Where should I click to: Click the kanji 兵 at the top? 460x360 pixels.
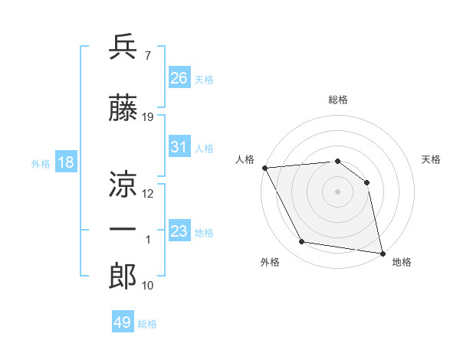coord(123,47)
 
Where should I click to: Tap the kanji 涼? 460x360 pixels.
coord(123,184)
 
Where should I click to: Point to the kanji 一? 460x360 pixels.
coord(123,229)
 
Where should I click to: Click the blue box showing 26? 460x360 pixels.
coord(179,77)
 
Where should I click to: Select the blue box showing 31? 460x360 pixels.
coord(179,147)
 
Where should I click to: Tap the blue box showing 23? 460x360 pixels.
coord(179,231)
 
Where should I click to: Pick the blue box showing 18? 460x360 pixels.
coord(64,162)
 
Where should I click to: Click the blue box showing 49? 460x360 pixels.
coord(123,322)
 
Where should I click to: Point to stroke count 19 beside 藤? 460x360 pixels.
coord(148,117)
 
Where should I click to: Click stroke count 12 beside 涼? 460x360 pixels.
coord(148,194)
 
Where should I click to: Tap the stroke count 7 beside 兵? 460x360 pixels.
coord(147,56)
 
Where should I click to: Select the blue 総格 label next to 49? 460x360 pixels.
coord(147,324)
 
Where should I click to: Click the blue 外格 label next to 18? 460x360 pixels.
coord(40,163)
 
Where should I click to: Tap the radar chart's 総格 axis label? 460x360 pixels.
coord(337,100)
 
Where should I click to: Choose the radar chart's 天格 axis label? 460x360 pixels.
coord(432,159)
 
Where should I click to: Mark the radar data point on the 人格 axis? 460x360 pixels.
coord(264,168)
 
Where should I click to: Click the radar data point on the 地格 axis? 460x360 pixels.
coord(382,252)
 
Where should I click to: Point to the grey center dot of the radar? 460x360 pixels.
coord(337,191)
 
